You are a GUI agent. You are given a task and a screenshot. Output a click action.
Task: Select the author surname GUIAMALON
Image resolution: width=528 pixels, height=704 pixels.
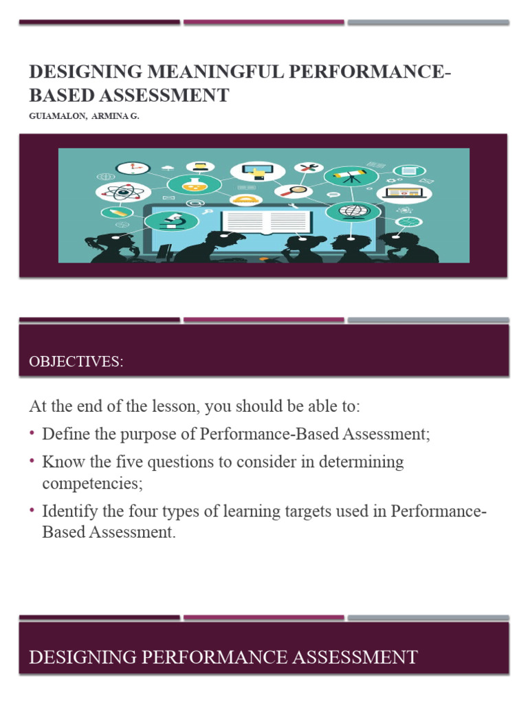(53, 117)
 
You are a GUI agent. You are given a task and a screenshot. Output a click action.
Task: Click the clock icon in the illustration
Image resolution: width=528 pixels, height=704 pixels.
(133, 167)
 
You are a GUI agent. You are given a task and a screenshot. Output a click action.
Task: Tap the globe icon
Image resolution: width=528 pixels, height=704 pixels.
(349, 210)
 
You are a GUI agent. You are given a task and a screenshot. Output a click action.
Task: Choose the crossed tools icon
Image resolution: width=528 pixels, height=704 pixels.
(308, 167)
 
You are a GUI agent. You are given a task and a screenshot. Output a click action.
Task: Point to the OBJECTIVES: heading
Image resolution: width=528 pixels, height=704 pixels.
(76, 362)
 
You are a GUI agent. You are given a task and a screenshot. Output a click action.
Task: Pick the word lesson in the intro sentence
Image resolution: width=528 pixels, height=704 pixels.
(174, 406)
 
